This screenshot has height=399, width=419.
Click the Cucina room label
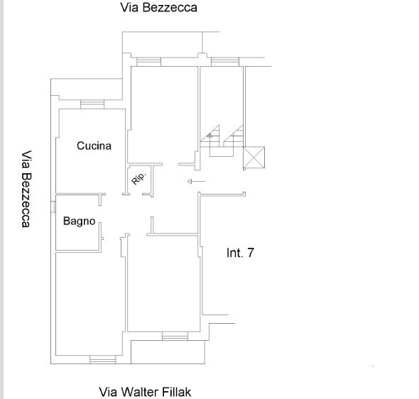94,146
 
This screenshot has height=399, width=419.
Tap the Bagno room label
79,222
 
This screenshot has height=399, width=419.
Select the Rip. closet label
139,178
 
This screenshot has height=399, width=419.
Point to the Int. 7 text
240,253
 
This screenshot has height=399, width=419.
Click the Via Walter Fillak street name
145,392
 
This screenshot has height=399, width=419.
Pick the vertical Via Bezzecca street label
26,189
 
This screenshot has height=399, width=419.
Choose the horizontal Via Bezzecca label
159,8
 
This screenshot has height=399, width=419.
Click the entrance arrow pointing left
196,181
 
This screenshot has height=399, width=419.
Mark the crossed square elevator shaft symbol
254,158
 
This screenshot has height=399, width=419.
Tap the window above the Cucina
92,104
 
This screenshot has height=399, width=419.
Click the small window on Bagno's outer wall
53,207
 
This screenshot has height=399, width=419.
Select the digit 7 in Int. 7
251,253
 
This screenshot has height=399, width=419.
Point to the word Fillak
177,392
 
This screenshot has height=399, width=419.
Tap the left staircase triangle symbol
210,136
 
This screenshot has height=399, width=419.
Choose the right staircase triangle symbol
233,136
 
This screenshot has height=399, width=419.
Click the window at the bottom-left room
102,359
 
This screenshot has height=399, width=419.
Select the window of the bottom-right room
175,336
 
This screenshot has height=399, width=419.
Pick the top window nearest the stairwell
224,62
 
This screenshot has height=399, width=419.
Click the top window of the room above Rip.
148,62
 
